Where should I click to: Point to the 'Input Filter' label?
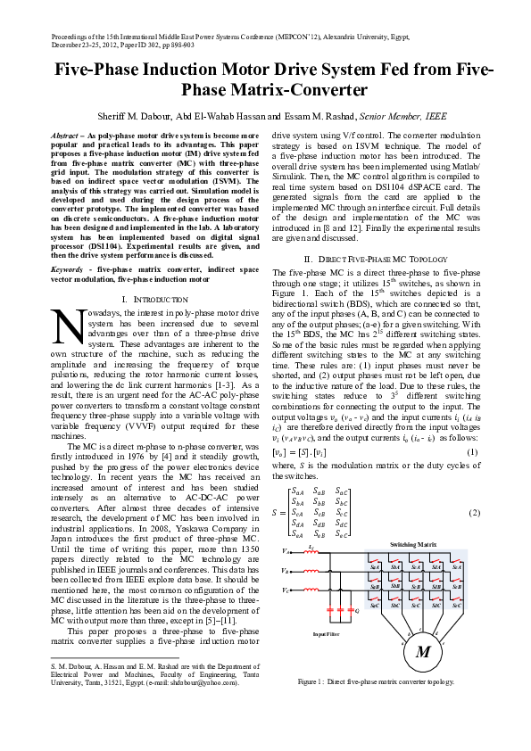click(x=326, y=634)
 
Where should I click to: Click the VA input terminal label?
click(x=285, y=552)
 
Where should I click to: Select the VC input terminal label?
click(x=285, y=590)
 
